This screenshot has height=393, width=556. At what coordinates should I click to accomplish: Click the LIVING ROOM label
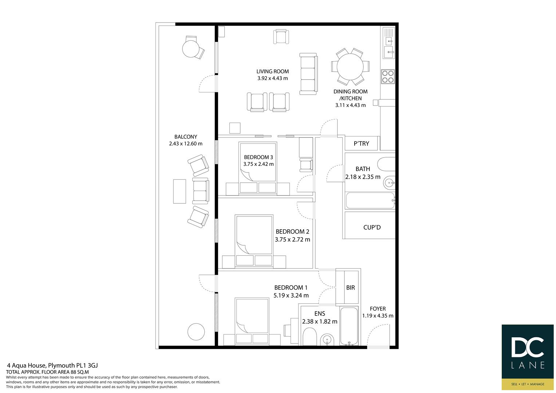[273, 71]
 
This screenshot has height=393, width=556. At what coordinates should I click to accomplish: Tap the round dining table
[350, 67]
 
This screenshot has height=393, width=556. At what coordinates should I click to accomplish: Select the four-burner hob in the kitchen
[388, 76]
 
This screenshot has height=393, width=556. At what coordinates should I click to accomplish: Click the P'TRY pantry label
[362, 143]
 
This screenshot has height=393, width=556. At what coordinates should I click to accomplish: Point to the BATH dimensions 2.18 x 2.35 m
[363, 177]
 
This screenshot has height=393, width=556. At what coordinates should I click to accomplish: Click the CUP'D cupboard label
[372, 227]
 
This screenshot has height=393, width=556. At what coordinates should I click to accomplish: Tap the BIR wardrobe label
[351, 287]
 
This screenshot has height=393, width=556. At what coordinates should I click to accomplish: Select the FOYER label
[378, 309]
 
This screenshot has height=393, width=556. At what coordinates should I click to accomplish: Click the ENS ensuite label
[320, 314]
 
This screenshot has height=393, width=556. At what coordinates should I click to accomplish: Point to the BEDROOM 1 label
[291, 287]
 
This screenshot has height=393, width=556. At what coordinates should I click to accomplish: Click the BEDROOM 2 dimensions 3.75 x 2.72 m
[292, 240]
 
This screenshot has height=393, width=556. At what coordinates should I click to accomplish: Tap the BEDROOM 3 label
[259, 157]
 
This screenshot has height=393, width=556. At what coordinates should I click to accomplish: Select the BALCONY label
[186, 137]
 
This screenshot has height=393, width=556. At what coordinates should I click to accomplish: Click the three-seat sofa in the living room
[308, 74]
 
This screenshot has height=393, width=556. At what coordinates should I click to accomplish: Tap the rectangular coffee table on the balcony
[180, 191]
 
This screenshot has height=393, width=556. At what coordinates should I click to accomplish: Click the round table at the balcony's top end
[191, 49]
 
